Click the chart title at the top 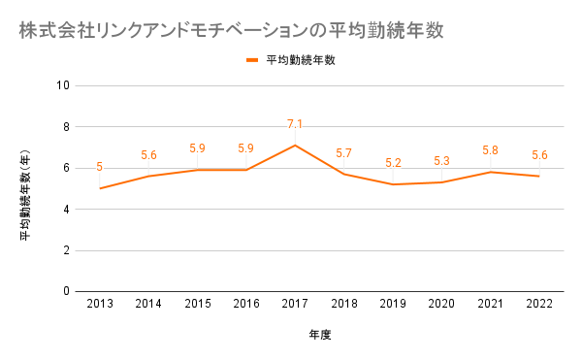click(x=231, y=30)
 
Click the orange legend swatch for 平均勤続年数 click(x=252, y=60)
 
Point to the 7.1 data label click(x=295, y=124)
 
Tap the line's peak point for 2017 click(x=295, y=146)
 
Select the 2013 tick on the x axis click(x=100, y=304)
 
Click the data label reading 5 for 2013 click(x=100, y=167)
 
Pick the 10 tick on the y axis click(x=63, y=85)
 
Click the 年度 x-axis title click(x=319, y=335)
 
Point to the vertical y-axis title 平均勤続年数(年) click(x=25, y=194)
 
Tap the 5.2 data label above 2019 click(x=393, y=163)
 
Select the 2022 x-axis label click(x=539, y=304)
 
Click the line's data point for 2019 click(x=393, y=184)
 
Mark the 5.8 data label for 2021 click(x=490, y=150)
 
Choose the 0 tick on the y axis click(x=66, y=291)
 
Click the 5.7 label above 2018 click(x=343, y=153)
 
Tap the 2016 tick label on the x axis click(x=246, y=304)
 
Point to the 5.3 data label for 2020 click(x=441, y=161)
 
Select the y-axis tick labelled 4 click(x=66, y=210)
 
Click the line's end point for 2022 click(x=539, y=176)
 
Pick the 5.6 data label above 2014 click(x=148, y=154)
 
